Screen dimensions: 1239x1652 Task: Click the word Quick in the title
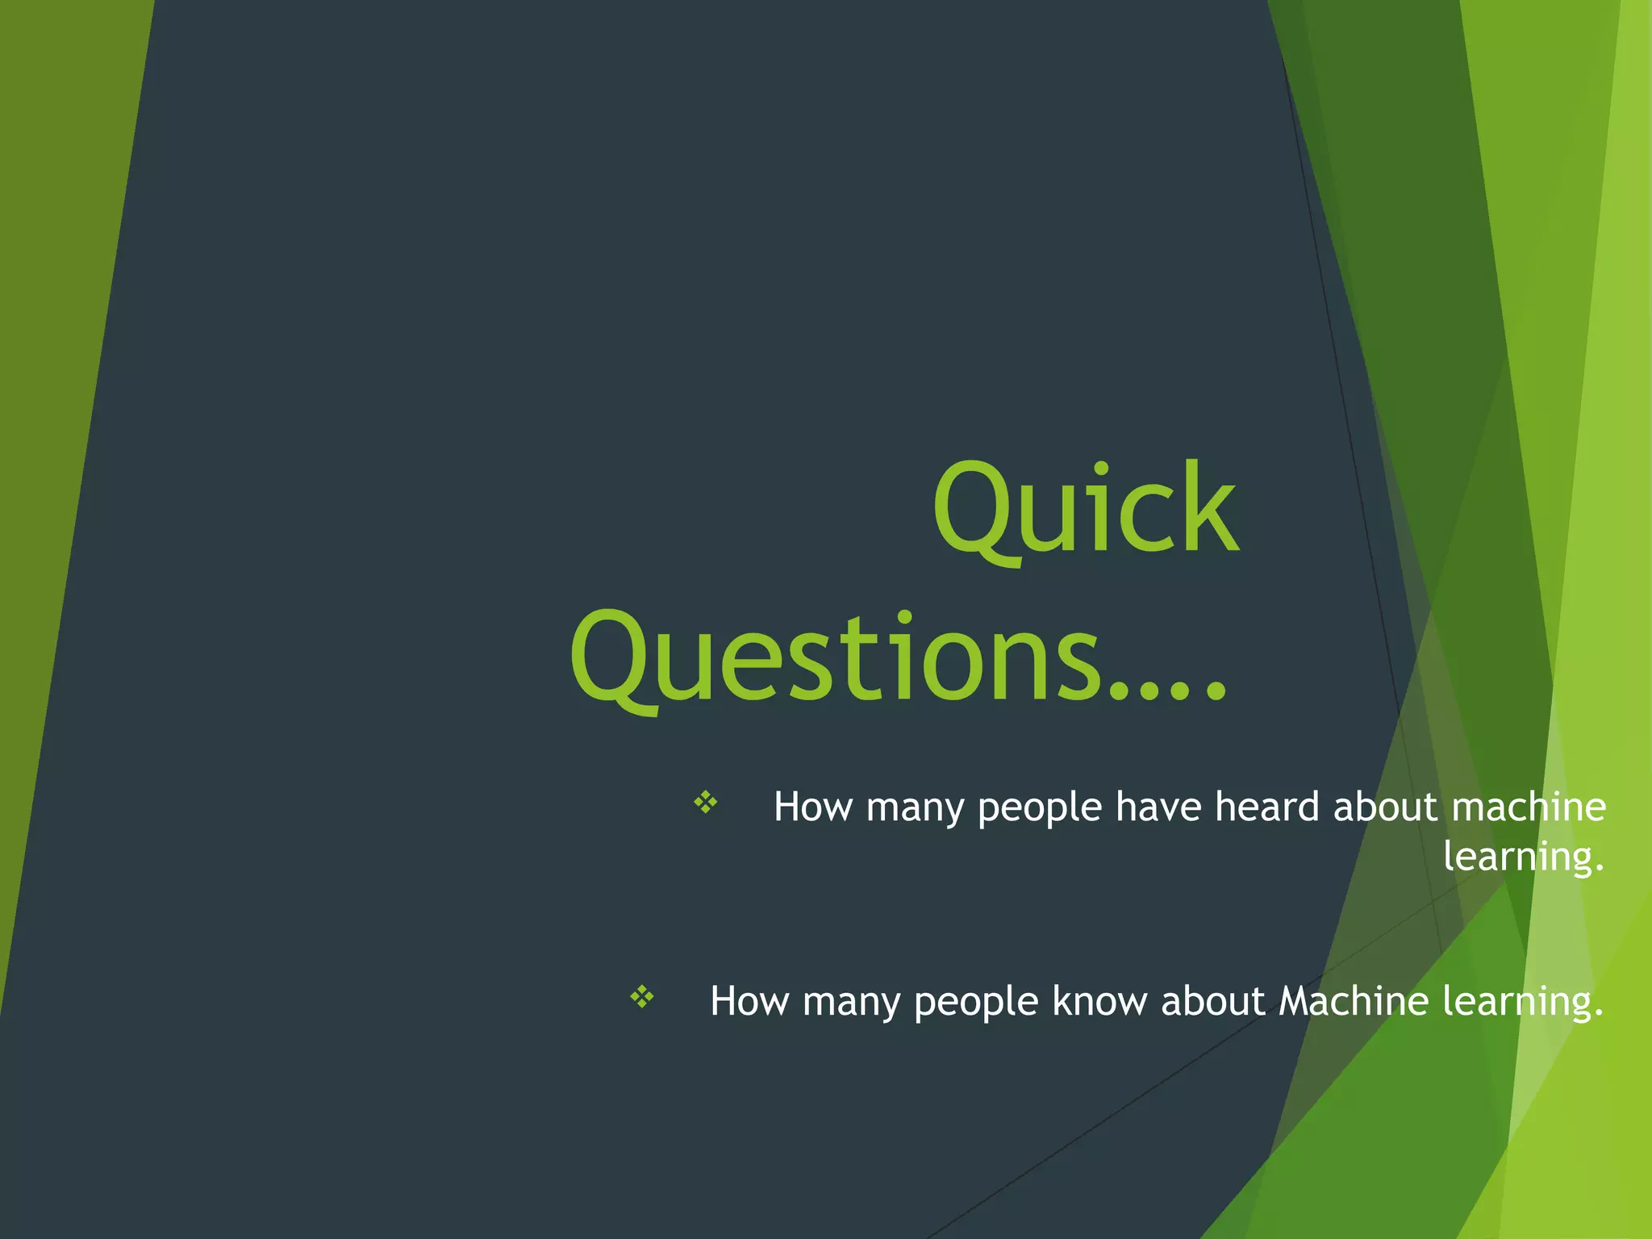click(x=1085, y=510)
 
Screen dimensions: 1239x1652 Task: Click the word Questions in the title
click(x=836, y=657)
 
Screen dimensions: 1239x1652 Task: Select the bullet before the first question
click(x=706, y=802)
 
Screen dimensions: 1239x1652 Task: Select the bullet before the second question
click(x=642, y=997)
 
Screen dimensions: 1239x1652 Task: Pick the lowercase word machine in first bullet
click(x=1528, y=807)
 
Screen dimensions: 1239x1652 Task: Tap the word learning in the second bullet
click(x=1521, y=1003)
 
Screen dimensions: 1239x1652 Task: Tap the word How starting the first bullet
click(x=812, y=807)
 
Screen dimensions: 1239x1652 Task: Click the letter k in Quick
click(x=1210, y=510)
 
